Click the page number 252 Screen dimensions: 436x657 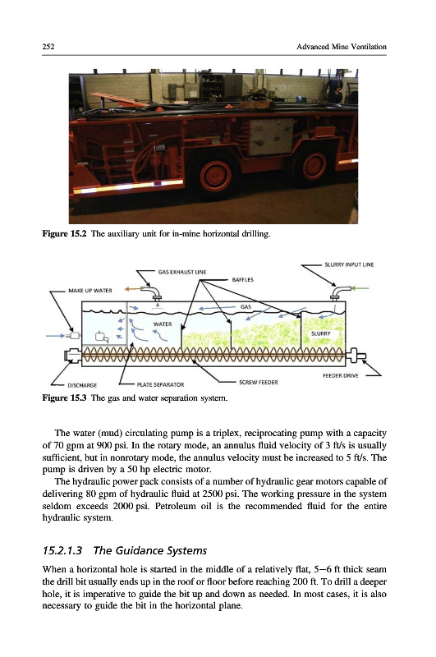pos(48,47)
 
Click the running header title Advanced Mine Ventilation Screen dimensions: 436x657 pos(342,47)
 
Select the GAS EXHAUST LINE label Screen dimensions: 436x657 pos(182,272)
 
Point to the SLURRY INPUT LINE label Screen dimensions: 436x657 pos(349,264)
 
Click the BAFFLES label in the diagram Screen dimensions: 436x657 pos(242,279)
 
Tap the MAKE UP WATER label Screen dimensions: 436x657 pos(90,291)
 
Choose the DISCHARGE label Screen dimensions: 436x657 pos(82,385)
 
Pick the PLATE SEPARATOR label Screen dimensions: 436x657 pos(160,384)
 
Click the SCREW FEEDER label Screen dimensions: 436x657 pos(259,382)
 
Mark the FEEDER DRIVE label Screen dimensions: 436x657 pos(341,376)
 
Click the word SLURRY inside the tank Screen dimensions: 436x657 pos(320,333)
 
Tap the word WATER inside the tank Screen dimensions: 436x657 pos(163,324)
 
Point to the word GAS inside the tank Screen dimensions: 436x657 pos(246,306)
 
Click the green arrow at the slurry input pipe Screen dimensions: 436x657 pos(360,288)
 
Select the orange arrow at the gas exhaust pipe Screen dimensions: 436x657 pos(132,289)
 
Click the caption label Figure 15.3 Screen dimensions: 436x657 pos(64,397)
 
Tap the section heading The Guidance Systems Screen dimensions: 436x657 pos(150,550)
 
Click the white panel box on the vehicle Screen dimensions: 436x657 pos(272,136)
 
